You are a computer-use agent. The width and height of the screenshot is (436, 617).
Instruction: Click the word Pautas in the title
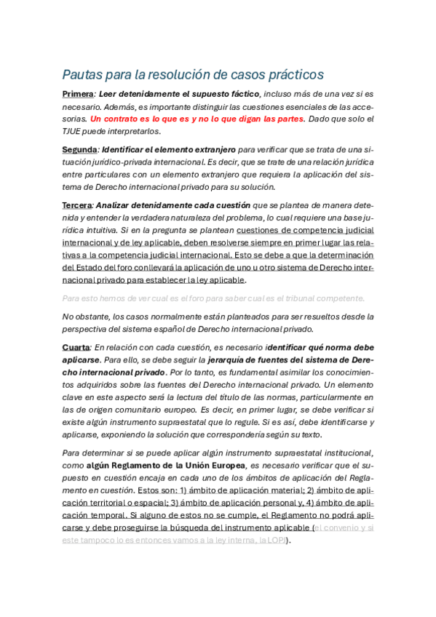pos(82,75)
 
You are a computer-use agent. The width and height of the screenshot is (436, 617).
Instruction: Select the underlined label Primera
pos(78,94)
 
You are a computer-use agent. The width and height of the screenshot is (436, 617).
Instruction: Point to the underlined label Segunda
pos(79,149)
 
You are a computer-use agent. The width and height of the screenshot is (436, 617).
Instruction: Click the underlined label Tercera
pos(77,205)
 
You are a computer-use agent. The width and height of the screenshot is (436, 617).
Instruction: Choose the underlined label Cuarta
pos(76,348)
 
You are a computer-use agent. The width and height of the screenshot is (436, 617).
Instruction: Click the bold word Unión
pos(190,465)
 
